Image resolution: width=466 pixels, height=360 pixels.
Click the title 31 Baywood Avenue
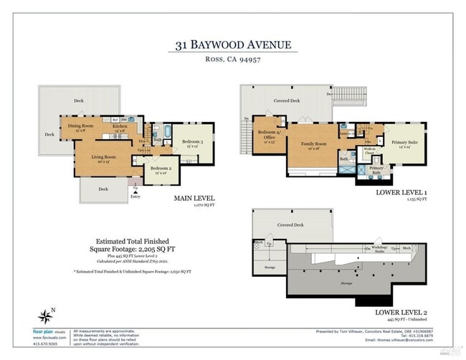coord(233,45)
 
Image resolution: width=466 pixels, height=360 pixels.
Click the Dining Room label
coord(80,127)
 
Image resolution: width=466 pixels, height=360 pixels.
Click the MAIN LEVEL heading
coord(194,199)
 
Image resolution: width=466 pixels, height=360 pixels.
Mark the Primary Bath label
coord(375,170)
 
